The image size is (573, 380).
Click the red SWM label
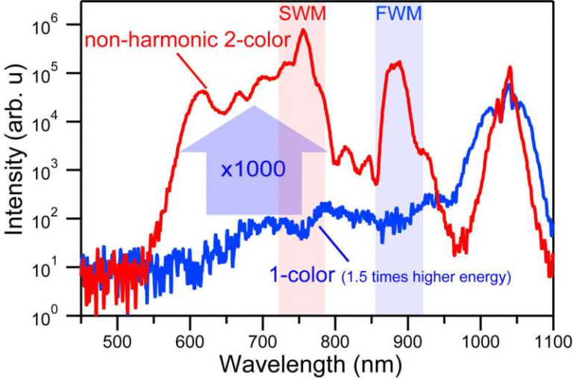301,14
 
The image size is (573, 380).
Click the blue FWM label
399,14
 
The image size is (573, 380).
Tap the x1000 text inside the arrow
253,169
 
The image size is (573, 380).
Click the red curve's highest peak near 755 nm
304,31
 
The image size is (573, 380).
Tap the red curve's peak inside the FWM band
398,62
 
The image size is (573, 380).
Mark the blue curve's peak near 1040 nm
509,85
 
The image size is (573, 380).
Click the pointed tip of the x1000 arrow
254,107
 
